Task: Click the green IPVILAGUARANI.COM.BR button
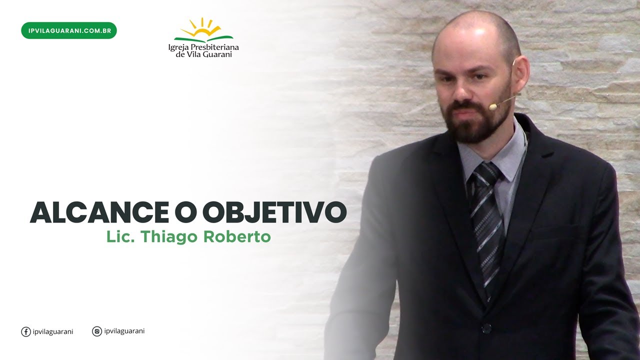[69, 30]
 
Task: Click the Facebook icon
[26, 331]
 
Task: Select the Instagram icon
[97, 331]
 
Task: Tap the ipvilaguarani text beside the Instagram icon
[124, 331]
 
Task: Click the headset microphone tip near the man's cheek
[493, 106]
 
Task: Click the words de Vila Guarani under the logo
[203, 54]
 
